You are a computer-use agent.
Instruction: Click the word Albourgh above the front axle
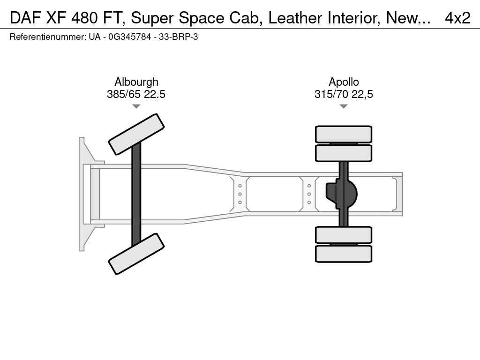[x=136, y=82]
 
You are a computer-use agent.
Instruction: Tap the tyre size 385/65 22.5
[x=136, y=94]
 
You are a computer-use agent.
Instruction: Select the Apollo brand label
[x=344, y=82]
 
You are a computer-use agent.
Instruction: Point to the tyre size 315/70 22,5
[x=344, y=94]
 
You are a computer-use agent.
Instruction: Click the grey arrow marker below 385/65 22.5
[x=136, y=106]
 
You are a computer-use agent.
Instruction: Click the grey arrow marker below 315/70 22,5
[x=344, y=106]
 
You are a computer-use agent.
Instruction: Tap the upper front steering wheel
[x=136, y=135]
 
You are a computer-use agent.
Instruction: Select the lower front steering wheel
[x=136, y=254]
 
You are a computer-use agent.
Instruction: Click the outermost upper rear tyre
[x=344, y=134]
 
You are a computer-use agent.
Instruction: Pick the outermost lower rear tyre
[x=344, y=254]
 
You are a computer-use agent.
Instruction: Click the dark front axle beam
[x=136, y=194]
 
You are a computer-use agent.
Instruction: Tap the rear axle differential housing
[x=342, y=194]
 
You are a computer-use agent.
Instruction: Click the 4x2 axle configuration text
[x=457, y=18]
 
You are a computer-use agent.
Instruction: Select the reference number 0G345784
[x=130, y=37]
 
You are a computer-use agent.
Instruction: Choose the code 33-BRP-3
[x=178, y=37]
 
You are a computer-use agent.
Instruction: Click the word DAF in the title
[x=25, y=18]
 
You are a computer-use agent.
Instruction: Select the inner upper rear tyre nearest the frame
[x=344, y=153]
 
